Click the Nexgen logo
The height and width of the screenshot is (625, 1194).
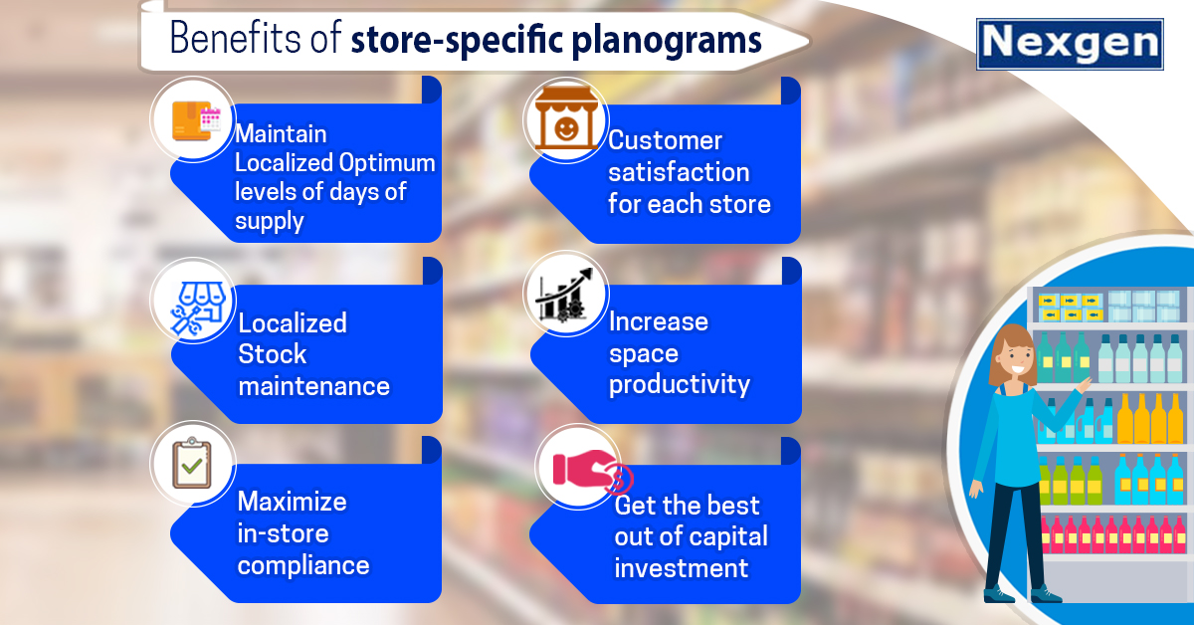click(x=1070, y=44)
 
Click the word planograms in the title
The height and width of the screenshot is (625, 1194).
click(x=667, y=41)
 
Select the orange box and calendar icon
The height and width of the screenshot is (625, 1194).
click(x=196, y=121)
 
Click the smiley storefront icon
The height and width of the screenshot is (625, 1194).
click(x=566, y=118)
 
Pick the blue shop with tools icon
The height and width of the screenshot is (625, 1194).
click(x=198, y=309)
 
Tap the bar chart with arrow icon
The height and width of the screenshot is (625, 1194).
click(x=565, y=295)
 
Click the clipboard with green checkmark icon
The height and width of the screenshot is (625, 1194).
click(x=192, y=463)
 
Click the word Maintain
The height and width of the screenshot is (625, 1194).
click(x=281, y=133)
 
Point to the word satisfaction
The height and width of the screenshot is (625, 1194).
click(x=679, y=172)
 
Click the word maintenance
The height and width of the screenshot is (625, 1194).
click(x=314, y=386)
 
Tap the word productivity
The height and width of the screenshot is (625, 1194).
click(x=680, y=385)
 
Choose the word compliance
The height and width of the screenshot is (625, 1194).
click(x=303, y=566)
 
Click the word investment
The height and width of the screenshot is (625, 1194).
click(x=682, y=568)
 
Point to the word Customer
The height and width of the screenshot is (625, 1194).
click(x=666, y=140)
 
